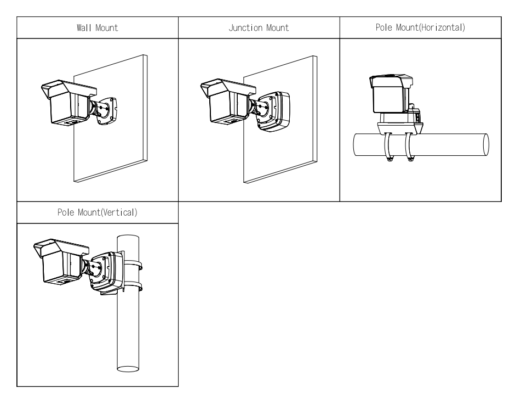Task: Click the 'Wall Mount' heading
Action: (x=96, y=28)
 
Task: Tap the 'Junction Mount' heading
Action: (x=259, y=28)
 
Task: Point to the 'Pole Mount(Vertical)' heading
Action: (x=96, y=213)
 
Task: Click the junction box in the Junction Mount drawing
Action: (x=276, y=111)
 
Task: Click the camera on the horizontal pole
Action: (x=390, y=96)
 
